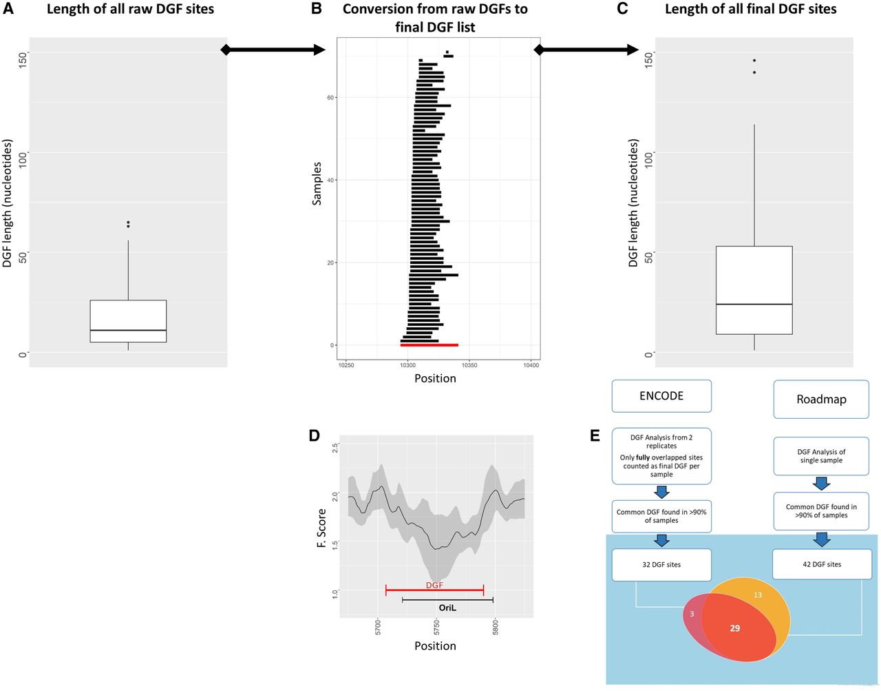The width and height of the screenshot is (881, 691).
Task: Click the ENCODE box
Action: pos(661,396)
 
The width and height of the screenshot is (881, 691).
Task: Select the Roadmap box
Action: pos(820,400)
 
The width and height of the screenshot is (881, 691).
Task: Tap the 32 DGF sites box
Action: pos(661,564)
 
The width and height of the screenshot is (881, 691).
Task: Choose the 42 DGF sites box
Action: pos(821,564)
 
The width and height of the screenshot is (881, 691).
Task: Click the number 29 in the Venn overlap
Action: pos(734,628)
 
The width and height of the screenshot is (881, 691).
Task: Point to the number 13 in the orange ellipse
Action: pos(758,595)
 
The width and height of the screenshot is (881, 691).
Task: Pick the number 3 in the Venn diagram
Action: pos(691,613)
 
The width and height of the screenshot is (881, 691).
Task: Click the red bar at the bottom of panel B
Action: pos(429,344)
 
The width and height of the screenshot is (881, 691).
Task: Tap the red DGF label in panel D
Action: pos(434,585)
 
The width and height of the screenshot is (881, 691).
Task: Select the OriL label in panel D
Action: pos(447,608)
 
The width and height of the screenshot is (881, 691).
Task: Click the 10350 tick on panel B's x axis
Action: pos(469,365)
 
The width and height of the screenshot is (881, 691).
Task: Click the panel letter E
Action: pos(595,435)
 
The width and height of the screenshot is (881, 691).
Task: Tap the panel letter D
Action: pos(315,435)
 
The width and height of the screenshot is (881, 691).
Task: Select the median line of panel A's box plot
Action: pos(128,331)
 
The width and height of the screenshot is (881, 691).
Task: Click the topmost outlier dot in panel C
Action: pos(754,61)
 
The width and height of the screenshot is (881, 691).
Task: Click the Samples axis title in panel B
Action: pos(317,183)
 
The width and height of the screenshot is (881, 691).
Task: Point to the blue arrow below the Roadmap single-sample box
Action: pos(821,484)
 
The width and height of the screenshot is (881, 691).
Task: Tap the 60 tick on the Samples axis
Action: pos(330,98)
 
